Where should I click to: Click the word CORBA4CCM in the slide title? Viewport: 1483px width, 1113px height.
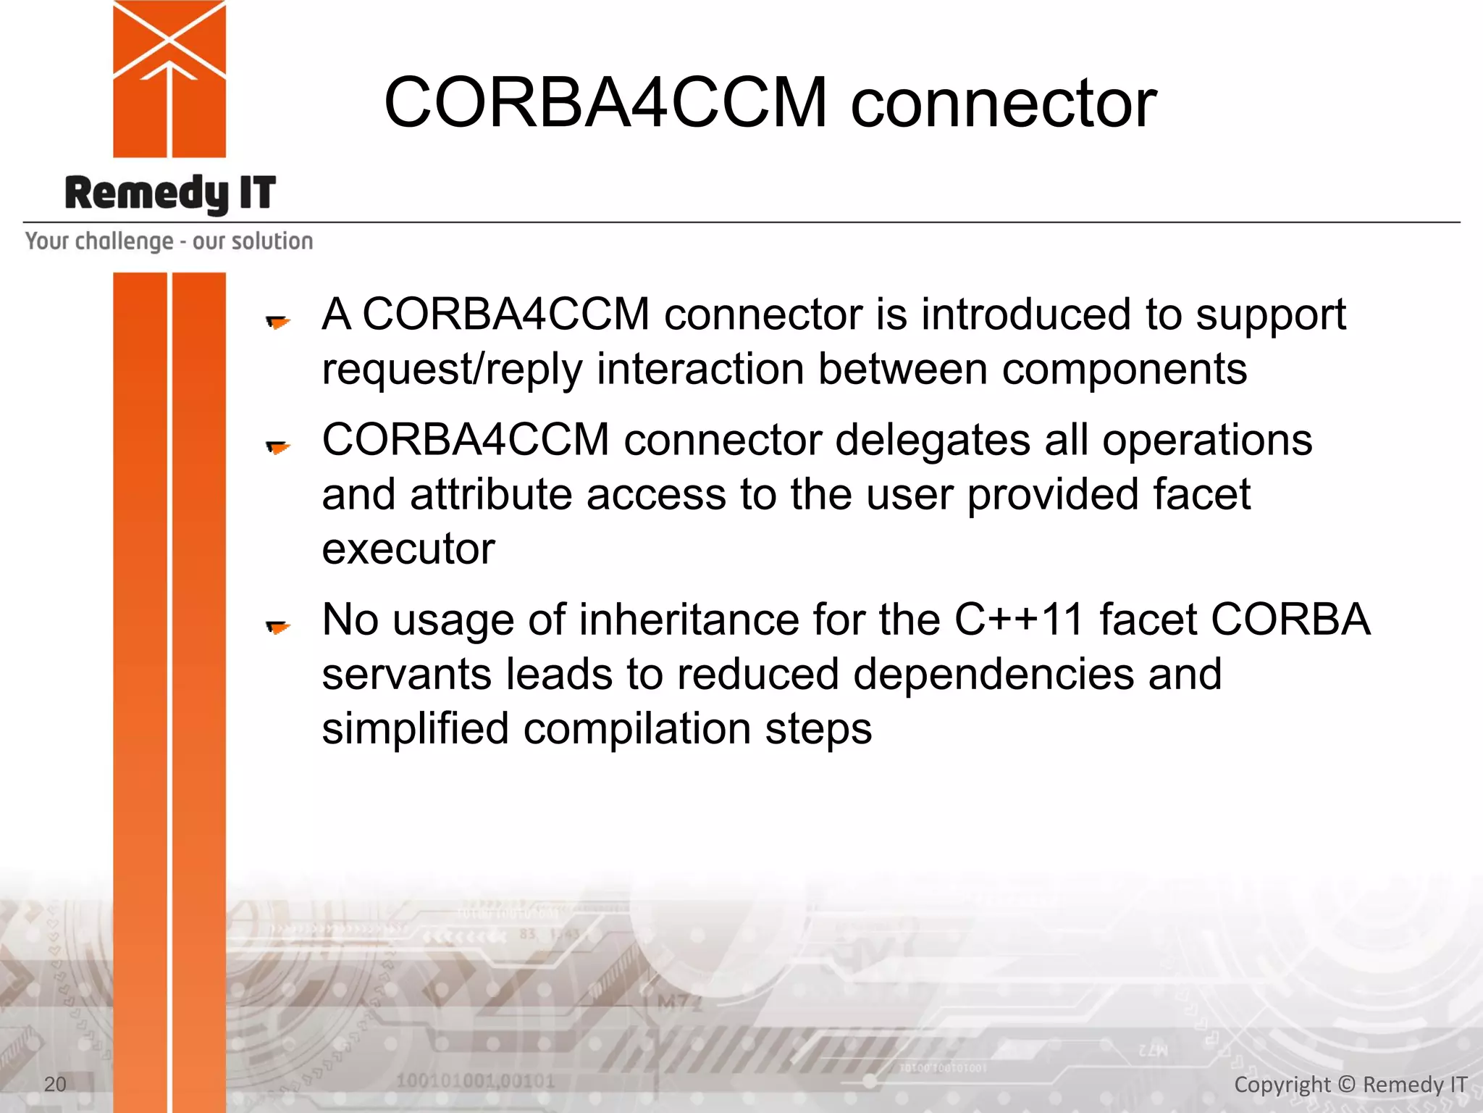click(x=605, y=102)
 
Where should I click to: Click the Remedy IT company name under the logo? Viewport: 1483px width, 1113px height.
click(x=170, y=193)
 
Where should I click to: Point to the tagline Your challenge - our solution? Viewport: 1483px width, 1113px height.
click(x=169, y=241)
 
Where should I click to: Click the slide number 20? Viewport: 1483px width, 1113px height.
click(x=55, y=1084)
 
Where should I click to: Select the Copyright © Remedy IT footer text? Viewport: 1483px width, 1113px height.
click(x=1350, y=1085)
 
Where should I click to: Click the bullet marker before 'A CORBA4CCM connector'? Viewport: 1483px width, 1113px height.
click(x=277, y=321)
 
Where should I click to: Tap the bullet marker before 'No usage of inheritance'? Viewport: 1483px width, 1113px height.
click(x=277, y=626)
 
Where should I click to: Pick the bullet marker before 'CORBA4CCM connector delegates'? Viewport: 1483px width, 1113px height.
click(x=277, y=447)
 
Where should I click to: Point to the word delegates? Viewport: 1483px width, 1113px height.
click(x=933, y=441)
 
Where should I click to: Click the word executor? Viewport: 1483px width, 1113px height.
click(x=408, y=549)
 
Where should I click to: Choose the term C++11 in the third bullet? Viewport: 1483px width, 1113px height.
click(x=1019, y=620)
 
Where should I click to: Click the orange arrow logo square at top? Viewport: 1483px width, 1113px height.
click(x=169, y=79)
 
